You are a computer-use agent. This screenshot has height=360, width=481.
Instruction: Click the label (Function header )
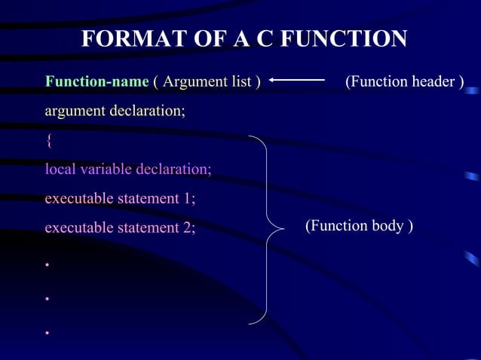(x=404, y=81)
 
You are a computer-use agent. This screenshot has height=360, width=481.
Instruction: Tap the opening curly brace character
(x=49, y=140)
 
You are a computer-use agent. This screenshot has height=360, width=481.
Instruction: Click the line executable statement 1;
(x=119, y=199)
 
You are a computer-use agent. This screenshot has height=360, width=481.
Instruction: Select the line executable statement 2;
(x=119, y=227)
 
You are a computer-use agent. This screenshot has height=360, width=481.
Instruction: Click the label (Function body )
(x=359, y=226)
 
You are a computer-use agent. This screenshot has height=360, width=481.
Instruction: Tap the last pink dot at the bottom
(x=47, y=332)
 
